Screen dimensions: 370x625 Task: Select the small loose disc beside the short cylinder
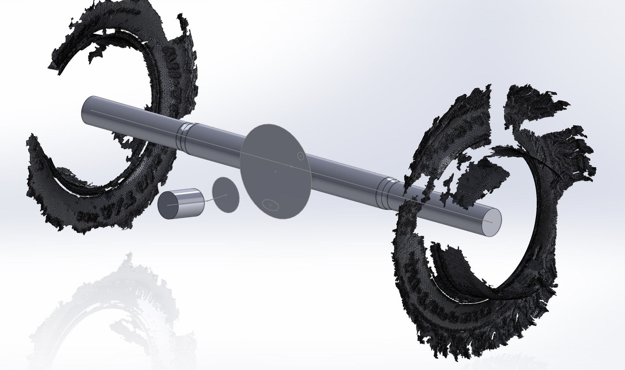225,195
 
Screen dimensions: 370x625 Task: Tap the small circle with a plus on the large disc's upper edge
301,155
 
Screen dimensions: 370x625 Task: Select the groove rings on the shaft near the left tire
184,135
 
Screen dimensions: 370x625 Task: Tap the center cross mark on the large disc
276,171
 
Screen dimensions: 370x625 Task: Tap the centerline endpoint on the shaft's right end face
491,221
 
